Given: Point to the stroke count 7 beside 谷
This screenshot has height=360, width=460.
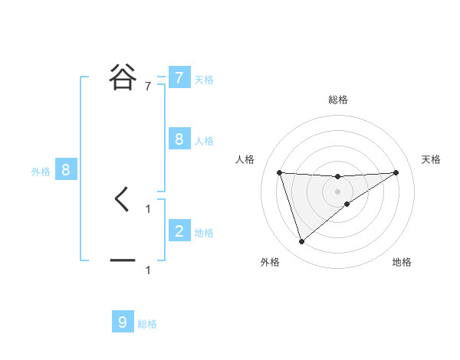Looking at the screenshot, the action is [148, 87].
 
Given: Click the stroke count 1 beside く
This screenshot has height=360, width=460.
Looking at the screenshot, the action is [148, 208].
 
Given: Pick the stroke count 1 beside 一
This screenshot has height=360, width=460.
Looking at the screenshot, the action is [148, 270].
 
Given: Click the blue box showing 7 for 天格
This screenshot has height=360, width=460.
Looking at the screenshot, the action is [179, 78].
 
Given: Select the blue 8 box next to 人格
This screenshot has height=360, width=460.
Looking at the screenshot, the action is [179, 139].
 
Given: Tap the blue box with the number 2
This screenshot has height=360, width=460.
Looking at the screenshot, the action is [179, 231].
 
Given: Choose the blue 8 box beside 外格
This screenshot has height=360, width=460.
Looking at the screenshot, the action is [66, 170].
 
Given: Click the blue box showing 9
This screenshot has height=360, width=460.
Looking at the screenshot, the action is [123, 322].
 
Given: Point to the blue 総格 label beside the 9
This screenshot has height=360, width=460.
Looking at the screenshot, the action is [147, 324].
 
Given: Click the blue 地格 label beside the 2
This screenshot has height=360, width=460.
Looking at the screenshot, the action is [204, 232].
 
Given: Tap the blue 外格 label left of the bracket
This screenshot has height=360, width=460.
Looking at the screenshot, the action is [41, 172].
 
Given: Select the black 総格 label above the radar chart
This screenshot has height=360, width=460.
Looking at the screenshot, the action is [338, 100].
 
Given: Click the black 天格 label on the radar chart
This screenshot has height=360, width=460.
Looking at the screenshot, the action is [432, 159].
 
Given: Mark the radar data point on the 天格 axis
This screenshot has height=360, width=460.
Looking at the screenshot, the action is [396, 172].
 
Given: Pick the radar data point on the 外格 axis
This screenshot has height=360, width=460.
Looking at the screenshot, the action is [302, 242].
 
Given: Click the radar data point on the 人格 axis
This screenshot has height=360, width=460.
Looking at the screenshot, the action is [280, 172].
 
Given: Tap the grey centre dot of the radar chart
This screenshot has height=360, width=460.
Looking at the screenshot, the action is [338, 191].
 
